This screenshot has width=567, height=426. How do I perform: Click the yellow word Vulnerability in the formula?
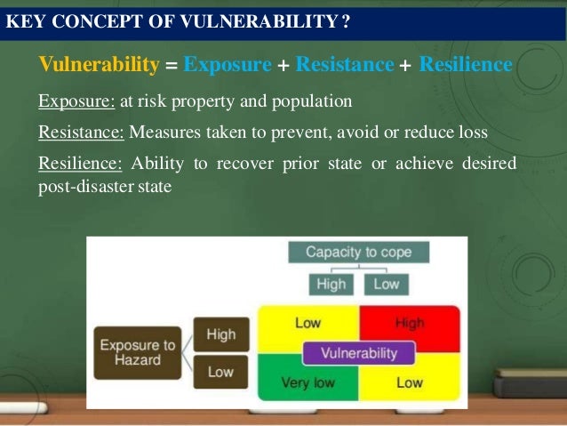click(99, 65)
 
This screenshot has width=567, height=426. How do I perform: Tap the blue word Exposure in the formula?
click(228, 65)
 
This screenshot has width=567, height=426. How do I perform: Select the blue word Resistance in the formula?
click(345, 65)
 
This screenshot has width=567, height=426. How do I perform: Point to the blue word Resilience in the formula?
click(465, 65)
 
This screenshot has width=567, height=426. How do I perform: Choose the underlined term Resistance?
click(83, 133)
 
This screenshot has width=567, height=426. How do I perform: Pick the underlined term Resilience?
click(80, 165)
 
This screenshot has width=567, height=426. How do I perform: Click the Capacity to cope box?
click(358, 252)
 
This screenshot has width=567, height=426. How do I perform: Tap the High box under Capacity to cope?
click(331, 285)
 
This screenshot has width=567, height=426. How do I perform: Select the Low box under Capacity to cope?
click(386, 285)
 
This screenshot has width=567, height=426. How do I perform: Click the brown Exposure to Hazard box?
click(138, 352)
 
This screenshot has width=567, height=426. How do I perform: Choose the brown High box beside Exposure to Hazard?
click(221, 335)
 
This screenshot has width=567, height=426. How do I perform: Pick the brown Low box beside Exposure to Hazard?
click(221, 372)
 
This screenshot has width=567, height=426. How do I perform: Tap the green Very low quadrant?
click(307, 383)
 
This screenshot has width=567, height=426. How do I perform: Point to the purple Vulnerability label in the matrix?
click(359, 353)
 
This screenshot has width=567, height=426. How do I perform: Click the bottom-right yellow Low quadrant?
click(411, 383)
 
